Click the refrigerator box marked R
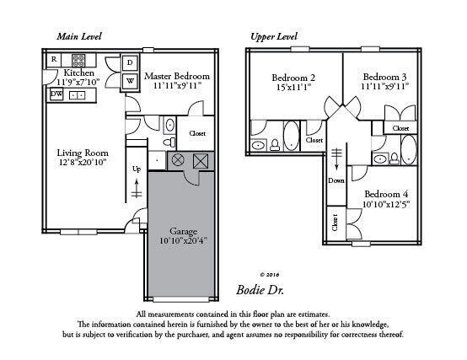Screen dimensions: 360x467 pyautogui.click(x=54, y=59)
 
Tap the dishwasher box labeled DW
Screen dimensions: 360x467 pyautogui.click(x=56, y=94)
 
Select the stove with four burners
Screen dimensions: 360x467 pyautogui.click(x=78, y=60)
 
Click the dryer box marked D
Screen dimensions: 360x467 pyautogui.click(x=131, y=63)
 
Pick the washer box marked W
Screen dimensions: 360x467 pyautogui.click(x=131, y=81)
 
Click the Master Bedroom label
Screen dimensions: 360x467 pyautogui.click(x=176, y=76)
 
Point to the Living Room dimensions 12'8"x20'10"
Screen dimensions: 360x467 pyautogui.click(x=81, y=163)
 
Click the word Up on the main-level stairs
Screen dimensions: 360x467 pyautogui.click(x=137, y=169)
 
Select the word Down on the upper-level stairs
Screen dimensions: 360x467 pyautogui.click(x=336, y=180)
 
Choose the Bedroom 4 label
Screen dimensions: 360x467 pyautogui.click(x=387, y=193)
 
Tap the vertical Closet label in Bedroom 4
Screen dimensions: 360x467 pyautogui.click(x=335, y=224)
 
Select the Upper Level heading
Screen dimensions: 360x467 pyautogui.click(x=275, y=37)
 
